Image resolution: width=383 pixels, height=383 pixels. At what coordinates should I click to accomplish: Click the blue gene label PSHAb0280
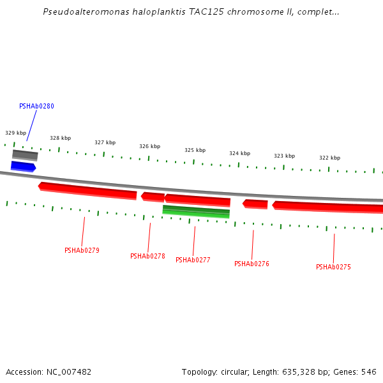coord(36,106)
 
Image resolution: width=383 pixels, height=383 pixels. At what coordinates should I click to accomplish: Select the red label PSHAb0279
coord(82,250)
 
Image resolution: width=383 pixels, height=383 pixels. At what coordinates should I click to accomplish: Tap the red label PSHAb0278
coord(147,256)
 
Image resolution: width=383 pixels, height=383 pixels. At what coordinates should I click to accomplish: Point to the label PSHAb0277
coord(193,260)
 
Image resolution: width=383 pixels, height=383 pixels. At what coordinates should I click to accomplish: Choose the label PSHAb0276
coord(252,264)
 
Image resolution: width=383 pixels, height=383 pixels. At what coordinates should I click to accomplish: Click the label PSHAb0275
coord(333,267)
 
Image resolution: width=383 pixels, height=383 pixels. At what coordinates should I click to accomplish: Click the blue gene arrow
coord(23,167)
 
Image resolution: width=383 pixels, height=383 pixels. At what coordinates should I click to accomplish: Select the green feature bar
coord(196,211)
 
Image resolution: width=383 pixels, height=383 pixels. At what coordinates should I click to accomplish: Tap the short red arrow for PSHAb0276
coord(255,204)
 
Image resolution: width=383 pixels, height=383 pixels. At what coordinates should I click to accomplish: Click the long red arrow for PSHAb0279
coord(88,190)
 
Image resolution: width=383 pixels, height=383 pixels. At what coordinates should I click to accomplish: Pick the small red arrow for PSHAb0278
coord(153,197)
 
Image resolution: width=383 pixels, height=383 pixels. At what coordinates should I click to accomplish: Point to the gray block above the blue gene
coord(25,155)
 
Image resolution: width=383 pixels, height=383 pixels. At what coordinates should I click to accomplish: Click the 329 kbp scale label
coord(16,133)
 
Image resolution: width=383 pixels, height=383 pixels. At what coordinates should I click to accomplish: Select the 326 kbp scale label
coord(149,146)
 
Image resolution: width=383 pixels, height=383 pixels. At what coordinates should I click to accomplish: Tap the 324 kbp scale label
coord(239,153)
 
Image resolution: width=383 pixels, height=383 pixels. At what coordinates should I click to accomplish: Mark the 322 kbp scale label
coord(329,158)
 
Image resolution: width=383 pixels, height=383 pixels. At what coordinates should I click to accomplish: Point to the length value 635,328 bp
coord(296,372)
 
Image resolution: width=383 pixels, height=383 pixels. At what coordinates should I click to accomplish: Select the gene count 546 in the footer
coord(368,372)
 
